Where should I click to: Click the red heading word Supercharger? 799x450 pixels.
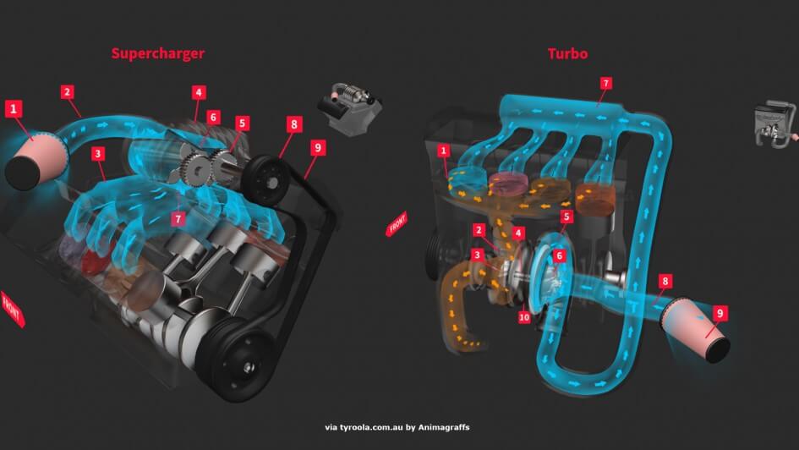click(158, 54)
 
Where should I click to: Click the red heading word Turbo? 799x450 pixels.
click(567, 54)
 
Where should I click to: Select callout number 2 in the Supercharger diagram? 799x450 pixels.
click(67, 91)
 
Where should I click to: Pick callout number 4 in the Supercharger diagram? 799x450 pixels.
click(199, 92)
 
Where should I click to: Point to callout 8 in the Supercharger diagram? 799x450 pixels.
click(293, 124)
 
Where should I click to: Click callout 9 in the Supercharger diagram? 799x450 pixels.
click(317, 147)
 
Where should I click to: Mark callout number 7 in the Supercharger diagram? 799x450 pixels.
click(178, 219)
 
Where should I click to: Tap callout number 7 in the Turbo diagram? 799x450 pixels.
click(605, 83)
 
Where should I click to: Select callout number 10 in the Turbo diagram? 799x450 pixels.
click(524, 317)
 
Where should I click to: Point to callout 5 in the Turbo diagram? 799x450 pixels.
click(567, 217)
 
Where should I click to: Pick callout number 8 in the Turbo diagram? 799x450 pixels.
click(665, 281)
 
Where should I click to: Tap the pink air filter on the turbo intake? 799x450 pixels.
click(697, 331)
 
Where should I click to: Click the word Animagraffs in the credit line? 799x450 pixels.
click(446, 427)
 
